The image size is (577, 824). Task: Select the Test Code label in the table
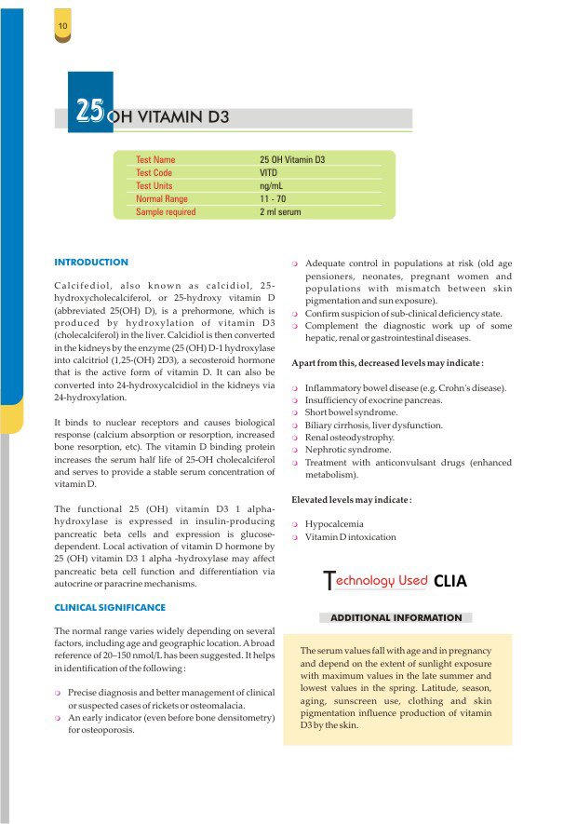(154, 173)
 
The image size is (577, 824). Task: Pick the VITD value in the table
(269, 173)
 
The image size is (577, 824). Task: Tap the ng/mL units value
(272, 186)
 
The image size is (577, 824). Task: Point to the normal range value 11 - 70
(275, 199)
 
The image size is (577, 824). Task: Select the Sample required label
(166, 212)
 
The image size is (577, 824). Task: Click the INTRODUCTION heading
(91, 263)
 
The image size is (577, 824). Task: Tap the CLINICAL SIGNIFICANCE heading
(110, 608)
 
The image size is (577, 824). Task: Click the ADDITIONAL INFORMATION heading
(396, 617)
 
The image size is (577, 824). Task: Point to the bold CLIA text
(450, 582)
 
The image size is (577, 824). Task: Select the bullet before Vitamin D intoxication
(295, 537)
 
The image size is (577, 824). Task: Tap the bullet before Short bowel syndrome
(295, 412)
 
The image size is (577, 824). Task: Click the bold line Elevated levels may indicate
(351, 500)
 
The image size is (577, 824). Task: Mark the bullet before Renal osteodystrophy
(295, 438)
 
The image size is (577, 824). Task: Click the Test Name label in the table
(155, 160)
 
